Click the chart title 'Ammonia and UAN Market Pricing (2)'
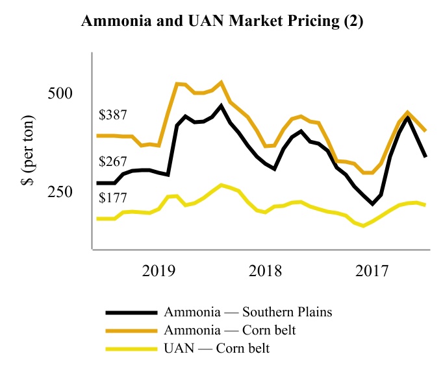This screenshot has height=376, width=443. click(x=221, y=22)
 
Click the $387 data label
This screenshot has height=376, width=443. click(x=112, y=115)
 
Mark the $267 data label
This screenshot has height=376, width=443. click(x=112, y=162)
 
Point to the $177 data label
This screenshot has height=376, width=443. click(x=112, y=198)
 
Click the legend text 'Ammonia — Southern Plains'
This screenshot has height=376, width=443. click(x=248, y=312)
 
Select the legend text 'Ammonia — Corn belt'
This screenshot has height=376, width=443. click(x=230, y=331)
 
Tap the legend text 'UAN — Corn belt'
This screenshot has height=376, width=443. click(x=217, y=349)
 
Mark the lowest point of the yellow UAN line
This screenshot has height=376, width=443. click(x=364, y=226)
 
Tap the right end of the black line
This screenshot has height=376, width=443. click(x=425, y=157)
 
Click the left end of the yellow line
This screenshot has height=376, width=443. click(x=97, y=218)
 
